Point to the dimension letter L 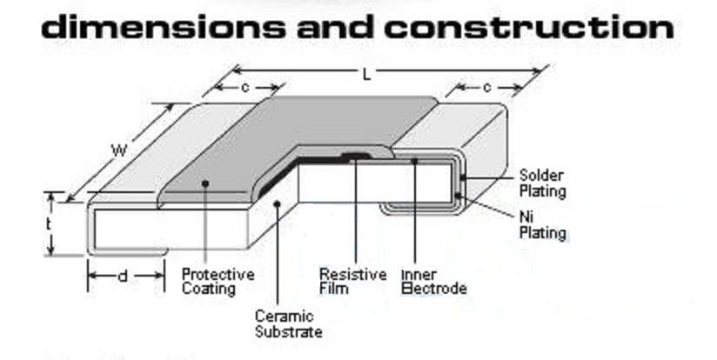366,75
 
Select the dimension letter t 50,223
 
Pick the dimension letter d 124,277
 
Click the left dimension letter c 246,87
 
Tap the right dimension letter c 486,88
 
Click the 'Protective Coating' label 218,282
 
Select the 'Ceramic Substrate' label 288,323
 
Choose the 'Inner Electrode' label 432,282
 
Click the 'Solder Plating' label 542,182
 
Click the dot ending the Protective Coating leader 206,183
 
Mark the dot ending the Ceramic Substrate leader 277,203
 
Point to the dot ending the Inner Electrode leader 416,160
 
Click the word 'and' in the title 335,26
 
